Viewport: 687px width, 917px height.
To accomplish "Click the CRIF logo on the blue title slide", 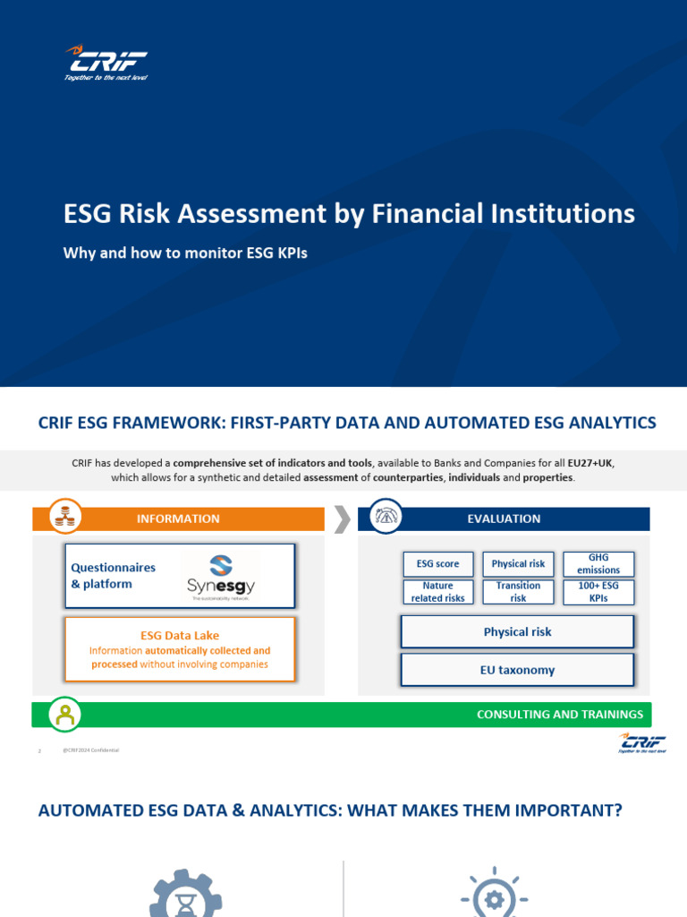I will pos(106,64).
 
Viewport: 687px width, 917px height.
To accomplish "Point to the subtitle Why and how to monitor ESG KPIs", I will pos(185,253).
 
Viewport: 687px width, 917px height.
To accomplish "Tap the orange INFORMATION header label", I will pos(178,518).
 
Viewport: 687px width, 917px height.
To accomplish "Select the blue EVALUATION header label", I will pos(504,518).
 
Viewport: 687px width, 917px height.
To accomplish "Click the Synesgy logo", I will pos(220,576).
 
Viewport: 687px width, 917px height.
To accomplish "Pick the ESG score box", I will pos(438,564).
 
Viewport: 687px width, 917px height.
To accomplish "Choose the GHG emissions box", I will pos(598,564).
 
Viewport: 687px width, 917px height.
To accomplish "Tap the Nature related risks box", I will pos(438,592).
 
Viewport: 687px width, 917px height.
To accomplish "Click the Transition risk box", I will pos(518,592).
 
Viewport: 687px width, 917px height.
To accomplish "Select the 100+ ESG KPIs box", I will pos(598,592).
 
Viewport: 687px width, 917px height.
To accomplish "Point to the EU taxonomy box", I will pos(517,670).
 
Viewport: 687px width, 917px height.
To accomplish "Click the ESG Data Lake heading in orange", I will pos(179,635).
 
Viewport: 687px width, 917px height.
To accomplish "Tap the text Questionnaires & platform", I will pos(113,576).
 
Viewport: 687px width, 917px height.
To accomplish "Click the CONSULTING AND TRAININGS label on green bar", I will pos(560,715).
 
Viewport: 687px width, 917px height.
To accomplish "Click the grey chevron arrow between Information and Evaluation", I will pos(341,518).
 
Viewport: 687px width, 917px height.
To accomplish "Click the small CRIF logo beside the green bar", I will pos(636,743).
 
